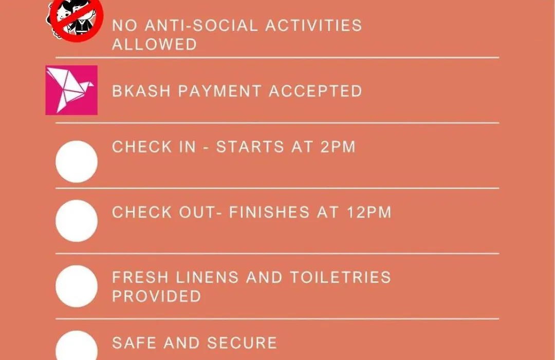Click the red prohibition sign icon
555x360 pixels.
(x=76, y=20)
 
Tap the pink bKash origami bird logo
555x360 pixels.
(x=71, y=90)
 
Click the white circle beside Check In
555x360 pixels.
(x=77, y=161)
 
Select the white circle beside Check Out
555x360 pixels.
(x=77, y=221)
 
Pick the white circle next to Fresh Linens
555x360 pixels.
(x=77, y=286)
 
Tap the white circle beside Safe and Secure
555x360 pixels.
(x=77, y=346)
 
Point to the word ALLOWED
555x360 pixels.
(x=154, y=45)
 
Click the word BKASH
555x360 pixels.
(x=142, y=91)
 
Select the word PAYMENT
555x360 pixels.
(x=220, y=91)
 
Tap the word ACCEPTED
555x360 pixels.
(x=316, y=91)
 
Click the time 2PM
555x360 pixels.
(x=338, y=147)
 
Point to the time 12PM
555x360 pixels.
(x=369, y=212)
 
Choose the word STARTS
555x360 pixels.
(x=250, y=147)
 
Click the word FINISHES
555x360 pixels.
(x=269, y=212)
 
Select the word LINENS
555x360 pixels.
(x=208, y=277)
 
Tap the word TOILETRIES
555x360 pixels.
(x=341, y=277)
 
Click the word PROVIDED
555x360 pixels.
(x=156, y=297)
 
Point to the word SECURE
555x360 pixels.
(x=242, y=343)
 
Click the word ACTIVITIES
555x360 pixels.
(x=313, y=26)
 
